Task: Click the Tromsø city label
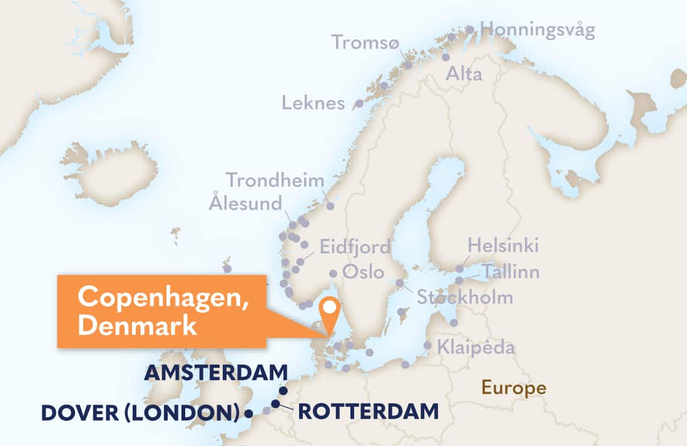coord(364,43)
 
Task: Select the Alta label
coord(464,75)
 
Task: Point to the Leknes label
coord(313,103)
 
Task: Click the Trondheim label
coord(275,180)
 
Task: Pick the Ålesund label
coord(246,203)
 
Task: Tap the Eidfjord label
coord(355,246)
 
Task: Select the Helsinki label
coord(503,246)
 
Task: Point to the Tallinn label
coord(509,272)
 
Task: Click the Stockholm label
coord(465,297)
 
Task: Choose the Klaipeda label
coord(467,346)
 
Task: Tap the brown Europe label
coord(513,388)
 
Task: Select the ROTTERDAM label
coord(368,412)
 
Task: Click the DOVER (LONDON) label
coord(141,413)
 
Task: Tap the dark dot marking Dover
coord(248,413)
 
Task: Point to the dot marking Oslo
coord(333,273)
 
